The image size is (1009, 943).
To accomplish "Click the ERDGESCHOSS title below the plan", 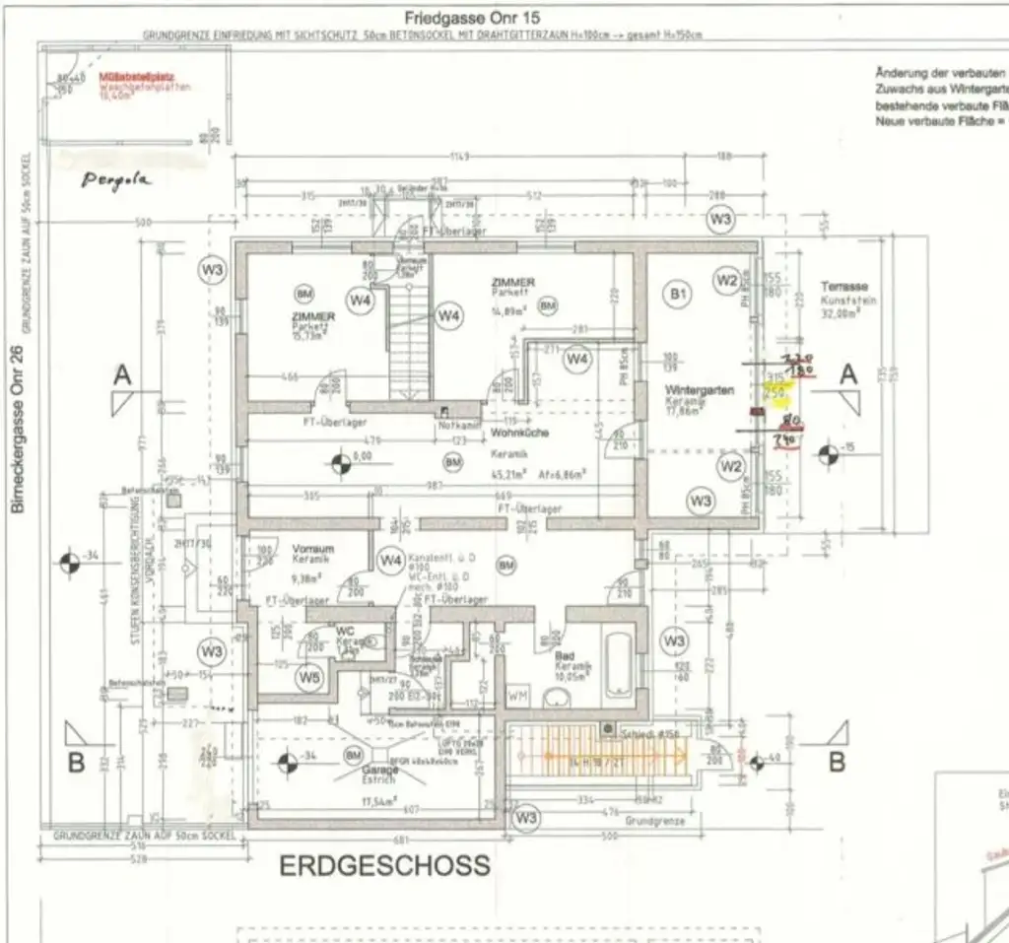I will (x=384, y=866).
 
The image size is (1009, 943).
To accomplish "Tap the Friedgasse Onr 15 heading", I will (x=472, y=19).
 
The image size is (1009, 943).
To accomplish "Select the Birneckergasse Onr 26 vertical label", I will (x=16, y=430).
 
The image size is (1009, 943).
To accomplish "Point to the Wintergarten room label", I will (x=699, y=390).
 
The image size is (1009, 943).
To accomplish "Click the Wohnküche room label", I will (x=520, y=434).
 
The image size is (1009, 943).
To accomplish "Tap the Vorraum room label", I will (x=313, y=549).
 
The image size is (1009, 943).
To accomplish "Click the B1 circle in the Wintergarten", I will (x=678, y=293).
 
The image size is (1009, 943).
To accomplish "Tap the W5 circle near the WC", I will (x=310, y=677).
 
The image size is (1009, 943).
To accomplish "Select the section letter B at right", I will (x=836, y=761).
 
